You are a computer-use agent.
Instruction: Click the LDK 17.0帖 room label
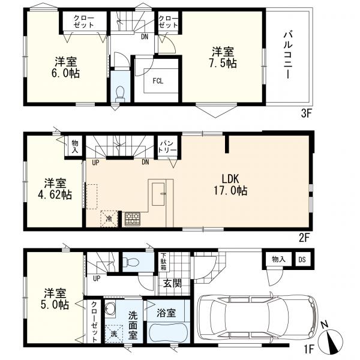(230, 185)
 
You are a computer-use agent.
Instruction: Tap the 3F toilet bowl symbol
(119, 94)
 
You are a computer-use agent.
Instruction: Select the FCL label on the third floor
(158, 81)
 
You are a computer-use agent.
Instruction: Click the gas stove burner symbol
(133, 218)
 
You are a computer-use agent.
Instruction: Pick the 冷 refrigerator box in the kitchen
(109, 218)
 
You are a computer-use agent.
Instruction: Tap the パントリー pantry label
(168, 147)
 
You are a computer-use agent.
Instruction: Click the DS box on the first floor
(302, 260)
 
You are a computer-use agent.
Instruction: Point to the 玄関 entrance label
(172, 283)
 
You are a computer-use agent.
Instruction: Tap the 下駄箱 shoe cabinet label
(163, 262)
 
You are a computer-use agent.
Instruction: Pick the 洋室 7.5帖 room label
(223, 58)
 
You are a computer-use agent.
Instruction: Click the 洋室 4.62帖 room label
(55, 189)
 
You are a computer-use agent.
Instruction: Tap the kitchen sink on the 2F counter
(158, 194)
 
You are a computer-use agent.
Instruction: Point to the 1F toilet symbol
(131, 262)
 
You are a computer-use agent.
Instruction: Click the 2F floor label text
(305, 238)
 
